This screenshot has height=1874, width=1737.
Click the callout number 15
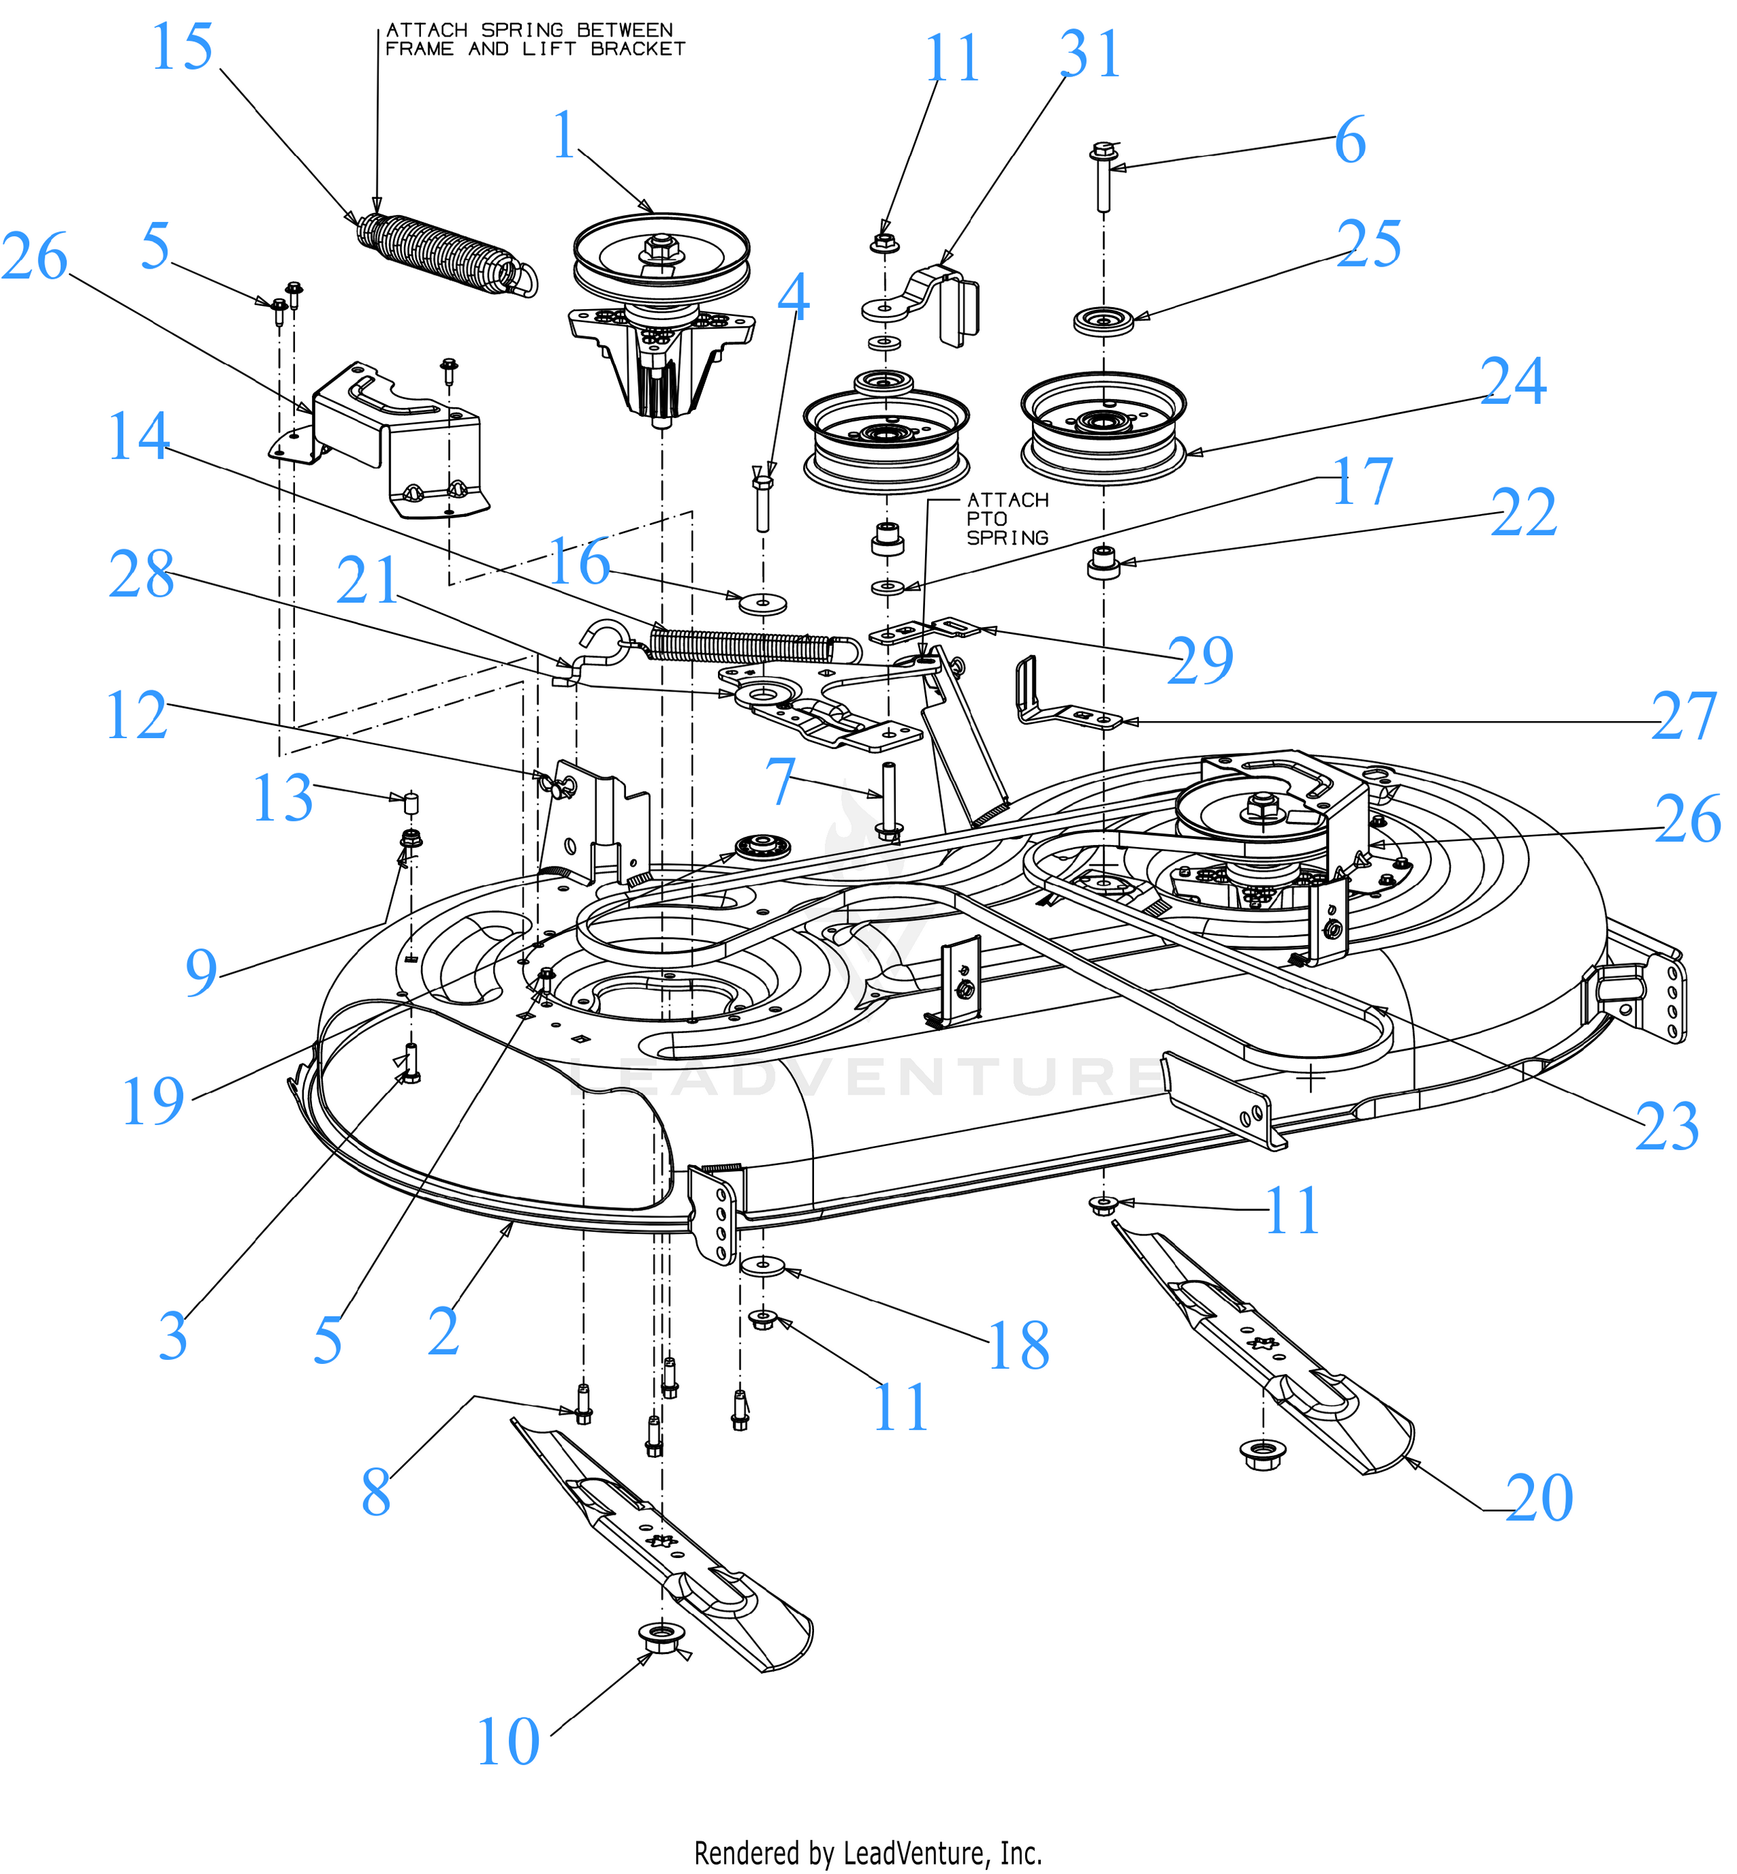[x=182, y=47]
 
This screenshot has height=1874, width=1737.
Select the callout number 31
[x=1091, y=55]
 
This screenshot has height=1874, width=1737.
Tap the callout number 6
[x=1350, y=141]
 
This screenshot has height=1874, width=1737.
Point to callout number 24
[x=1513, y=382]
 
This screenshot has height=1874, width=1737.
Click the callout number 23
[x=1667, y=1127]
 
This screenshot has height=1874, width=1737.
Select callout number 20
[x=1539, y=1498]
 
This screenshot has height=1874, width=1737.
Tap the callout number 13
[x=282, y=799]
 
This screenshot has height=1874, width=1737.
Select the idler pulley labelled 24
[x=1104, y=428]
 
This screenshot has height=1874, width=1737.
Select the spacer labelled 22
[x=1104, y=565]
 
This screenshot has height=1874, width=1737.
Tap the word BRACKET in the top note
[x=638, y=49]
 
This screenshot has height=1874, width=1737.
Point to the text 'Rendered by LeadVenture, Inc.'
[x=867, y=1853]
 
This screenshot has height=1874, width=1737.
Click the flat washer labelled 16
[x=763, y=603]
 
